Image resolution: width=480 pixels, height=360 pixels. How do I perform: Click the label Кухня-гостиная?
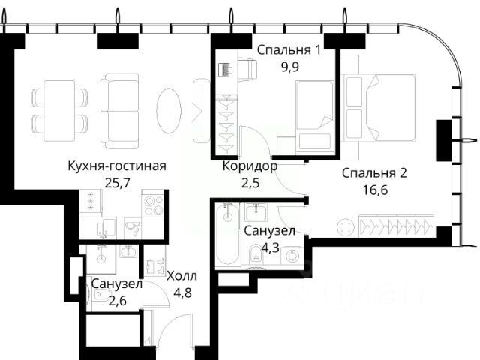(117, 166)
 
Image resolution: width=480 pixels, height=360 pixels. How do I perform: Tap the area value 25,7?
(118, 183)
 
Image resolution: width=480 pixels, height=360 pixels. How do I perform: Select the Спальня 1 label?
(289, 50)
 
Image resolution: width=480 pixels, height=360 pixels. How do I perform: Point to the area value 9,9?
(290, 67)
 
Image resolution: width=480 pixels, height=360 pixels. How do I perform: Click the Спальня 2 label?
(374, 173)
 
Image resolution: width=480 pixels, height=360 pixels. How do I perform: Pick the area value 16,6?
(375, 190)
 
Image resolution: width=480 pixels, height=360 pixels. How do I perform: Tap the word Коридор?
(250, 166)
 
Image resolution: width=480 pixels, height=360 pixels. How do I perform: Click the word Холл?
(181, 276)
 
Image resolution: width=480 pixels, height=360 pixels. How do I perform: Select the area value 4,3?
(270, 247)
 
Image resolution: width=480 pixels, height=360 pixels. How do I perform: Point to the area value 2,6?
(118, 301)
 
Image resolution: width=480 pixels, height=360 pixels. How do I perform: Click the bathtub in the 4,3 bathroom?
(227, 234)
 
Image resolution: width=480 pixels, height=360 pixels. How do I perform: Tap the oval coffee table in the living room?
(169, 110)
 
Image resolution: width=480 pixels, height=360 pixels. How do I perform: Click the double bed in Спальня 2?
(379, 108)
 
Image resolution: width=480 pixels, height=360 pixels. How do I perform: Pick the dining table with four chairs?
(59, 111)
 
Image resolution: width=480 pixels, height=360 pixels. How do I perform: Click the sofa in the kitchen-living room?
(120, 111)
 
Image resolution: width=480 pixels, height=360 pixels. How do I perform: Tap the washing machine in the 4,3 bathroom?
(292, 256)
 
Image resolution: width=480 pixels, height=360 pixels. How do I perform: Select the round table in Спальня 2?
(346, 227)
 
